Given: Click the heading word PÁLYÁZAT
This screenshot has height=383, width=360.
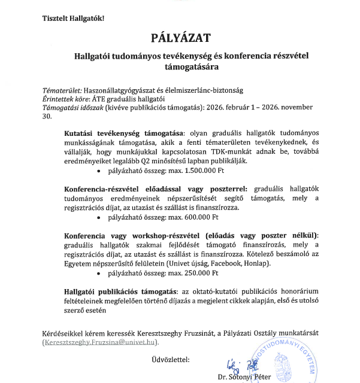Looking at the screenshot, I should [x=181, y=39].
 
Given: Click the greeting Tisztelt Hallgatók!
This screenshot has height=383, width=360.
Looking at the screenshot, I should [x=73, y=19].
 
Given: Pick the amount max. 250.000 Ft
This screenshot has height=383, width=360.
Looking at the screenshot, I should [x=186, y=273].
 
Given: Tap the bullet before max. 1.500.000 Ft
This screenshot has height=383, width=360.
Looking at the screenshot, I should [x=98, y=171].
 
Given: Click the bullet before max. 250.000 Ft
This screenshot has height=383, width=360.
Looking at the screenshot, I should [x=98, y=273].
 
